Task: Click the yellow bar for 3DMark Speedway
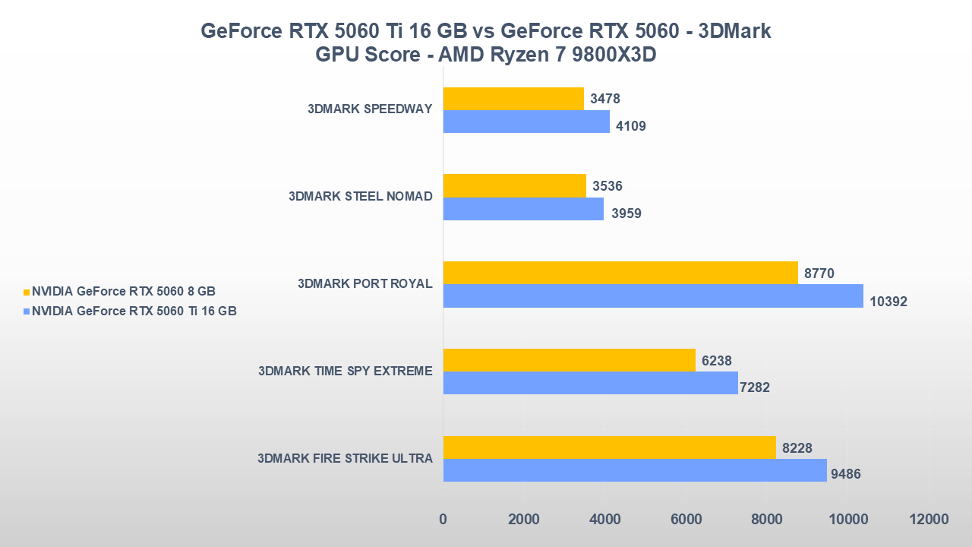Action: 513,99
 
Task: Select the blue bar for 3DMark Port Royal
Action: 653,296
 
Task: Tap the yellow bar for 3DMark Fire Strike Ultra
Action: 609,447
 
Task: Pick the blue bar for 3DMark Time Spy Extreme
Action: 590,383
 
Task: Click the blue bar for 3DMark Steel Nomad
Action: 523,209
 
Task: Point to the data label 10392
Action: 888,302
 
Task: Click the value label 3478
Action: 605,99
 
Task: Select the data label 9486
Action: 845,475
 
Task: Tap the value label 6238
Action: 717,361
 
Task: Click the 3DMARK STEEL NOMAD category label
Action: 360,197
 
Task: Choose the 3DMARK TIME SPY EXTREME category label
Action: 345,372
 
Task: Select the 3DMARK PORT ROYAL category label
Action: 364,284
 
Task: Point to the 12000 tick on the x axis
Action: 928,520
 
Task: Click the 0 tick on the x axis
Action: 443,520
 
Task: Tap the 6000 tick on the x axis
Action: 685,520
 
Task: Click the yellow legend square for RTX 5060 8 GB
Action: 27,292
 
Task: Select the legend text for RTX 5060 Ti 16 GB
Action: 134,311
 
